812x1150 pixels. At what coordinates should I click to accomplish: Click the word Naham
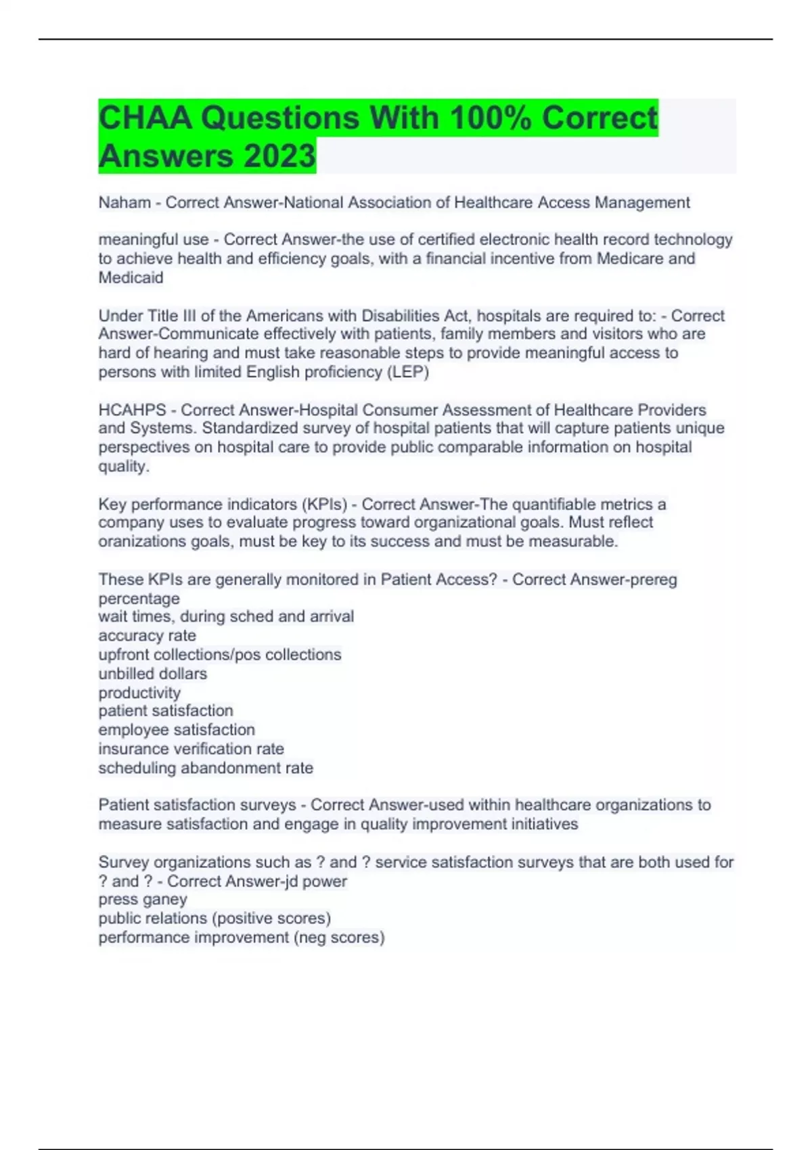(125, 202)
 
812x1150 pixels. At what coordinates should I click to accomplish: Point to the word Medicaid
(131, 277)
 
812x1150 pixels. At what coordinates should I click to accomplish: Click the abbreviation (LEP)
(407, 372)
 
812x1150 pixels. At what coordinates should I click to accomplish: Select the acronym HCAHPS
(132, 410)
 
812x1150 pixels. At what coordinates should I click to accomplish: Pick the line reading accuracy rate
(147, 636)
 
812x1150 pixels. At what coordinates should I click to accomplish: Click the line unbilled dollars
(152, 674)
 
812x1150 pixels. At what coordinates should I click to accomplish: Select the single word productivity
(139, 693)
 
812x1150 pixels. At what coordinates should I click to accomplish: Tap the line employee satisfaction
(177, 730)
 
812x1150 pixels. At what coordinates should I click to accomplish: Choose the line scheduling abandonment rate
(206, 768)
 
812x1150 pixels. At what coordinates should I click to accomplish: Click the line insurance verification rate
(191, 749)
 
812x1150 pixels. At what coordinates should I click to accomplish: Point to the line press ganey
(143, 900)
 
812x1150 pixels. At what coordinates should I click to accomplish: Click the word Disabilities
(401, 316)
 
